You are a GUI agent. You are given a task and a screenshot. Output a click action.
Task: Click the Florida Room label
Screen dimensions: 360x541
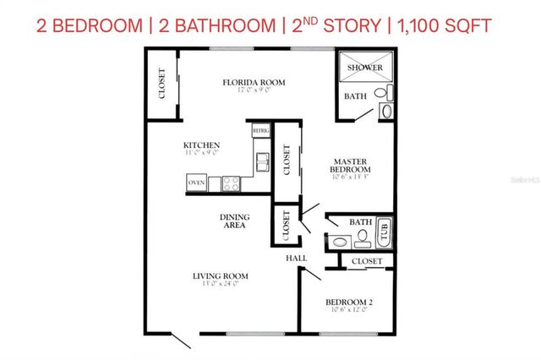[254, 82]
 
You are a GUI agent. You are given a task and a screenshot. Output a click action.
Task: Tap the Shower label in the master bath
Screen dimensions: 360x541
[362, 68]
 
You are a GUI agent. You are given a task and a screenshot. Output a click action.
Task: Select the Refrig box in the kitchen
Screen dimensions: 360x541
[260, 131]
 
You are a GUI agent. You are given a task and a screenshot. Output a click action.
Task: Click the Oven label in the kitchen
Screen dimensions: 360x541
[196, 183]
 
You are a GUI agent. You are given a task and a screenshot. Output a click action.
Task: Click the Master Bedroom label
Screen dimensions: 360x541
[348, 166]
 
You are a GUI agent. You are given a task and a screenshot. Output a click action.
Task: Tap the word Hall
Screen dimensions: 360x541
[296, 258]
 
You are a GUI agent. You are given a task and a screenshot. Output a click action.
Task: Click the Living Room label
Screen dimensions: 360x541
[219, 275]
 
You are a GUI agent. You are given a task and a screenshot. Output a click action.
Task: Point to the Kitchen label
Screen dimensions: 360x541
[202, 145]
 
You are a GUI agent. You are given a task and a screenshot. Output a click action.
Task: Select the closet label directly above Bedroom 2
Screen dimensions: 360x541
[367, 262]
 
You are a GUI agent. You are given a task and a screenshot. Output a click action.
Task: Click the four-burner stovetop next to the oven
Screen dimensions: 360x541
[232, 183]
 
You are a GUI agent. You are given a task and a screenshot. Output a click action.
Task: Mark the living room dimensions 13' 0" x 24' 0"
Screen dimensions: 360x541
[219, 284]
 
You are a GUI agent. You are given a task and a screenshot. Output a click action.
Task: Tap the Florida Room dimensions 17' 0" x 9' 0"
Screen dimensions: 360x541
[254, 90]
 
